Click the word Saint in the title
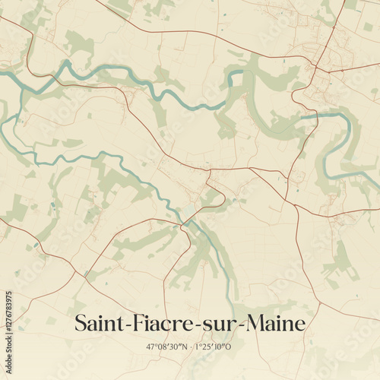point(97,325)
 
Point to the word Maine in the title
point(274,325)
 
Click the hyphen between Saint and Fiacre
point(124,327)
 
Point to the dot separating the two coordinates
point(190,347)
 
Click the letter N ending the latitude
point(182,347)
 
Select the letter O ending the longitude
point(230,347)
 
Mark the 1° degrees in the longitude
point(199,347)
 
